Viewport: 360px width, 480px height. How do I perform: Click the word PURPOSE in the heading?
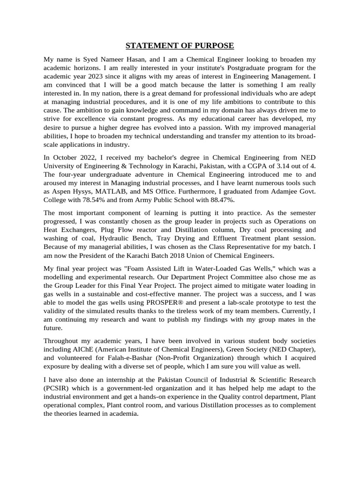212,45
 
